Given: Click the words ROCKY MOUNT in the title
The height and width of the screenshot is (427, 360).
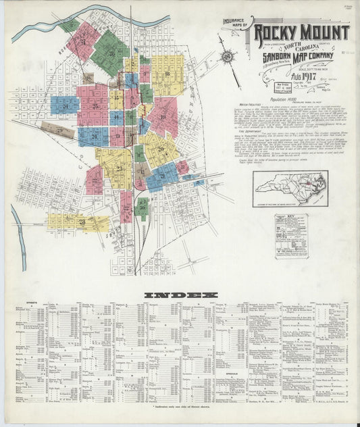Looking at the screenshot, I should click(302, 32).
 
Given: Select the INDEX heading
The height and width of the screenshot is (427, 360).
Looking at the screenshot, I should click(181, 295).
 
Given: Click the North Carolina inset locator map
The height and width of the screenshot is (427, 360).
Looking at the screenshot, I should click(290, 189).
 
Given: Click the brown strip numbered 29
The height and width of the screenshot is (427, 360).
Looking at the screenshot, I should click(57, 130).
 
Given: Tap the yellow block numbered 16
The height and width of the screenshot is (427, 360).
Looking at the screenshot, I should click(166, 73).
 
